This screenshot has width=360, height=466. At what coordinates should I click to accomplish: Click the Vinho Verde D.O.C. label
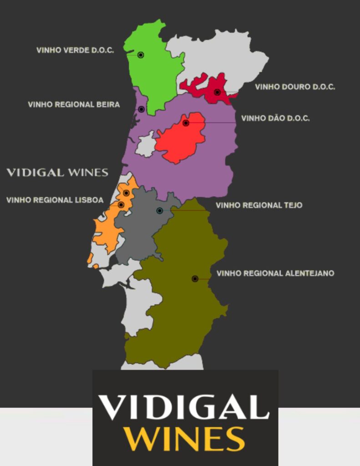click(75, 50)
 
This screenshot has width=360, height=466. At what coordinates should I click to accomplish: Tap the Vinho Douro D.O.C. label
click(295, 86)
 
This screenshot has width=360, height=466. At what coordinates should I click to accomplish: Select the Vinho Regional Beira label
click(74, 105)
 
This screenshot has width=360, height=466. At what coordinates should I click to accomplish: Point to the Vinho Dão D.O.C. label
click(275, 118)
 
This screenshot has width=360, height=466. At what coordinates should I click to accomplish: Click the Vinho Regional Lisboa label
click(55, 200)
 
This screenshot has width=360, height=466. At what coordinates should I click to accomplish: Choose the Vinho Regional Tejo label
click(259, 205)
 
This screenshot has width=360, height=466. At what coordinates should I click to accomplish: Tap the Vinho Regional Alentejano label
click(275, 273)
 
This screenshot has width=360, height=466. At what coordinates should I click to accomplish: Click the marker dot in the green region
click(141, 55)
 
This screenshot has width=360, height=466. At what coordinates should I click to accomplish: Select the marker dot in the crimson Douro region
click(217, 92)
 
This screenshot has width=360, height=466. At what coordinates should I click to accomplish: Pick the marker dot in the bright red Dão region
click(186, 123)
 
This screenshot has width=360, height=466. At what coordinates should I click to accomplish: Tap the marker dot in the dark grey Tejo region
click(159, 211)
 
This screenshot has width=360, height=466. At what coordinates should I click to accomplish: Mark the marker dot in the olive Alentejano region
click(195, 279)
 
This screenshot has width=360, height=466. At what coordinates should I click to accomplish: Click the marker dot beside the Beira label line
click(142, 109)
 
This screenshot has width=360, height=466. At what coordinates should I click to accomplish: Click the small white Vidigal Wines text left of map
click(57, 172)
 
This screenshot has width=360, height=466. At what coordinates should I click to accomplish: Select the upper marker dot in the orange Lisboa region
click(126, 193)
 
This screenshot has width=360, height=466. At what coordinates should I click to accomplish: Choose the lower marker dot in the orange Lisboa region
click(121, 205)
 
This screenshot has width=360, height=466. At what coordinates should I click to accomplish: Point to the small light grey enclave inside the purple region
click(146, 145)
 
